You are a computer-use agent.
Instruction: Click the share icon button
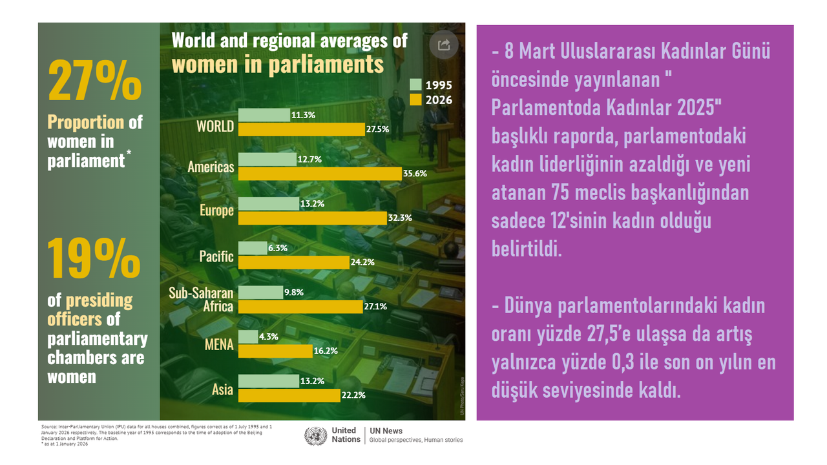pos(444,45)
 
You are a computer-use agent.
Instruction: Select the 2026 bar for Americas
pos(320,173)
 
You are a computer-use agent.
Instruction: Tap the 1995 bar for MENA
pos(248,336)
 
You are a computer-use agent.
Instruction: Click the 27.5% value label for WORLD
pos(377,129)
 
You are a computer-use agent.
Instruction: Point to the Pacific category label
pos(216,256)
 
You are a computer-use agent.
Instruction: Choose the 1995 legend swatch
pos(415,85)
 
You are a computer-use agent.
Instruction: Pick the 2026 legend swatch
pos(415,99)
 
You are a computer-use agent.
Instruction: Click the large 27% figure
pos(95,81)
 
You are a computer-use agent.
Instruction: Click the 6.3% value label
pos(278,248)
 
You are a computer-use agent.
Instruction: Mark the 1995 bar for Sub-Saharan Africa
pos(260,293)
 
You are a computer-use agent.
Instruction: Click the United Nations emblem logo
pos(315,436)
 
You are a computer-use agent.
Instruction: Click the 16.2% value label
pos(324,351)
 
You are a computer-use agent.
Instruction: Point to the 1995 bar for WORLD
pos(264,115)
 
